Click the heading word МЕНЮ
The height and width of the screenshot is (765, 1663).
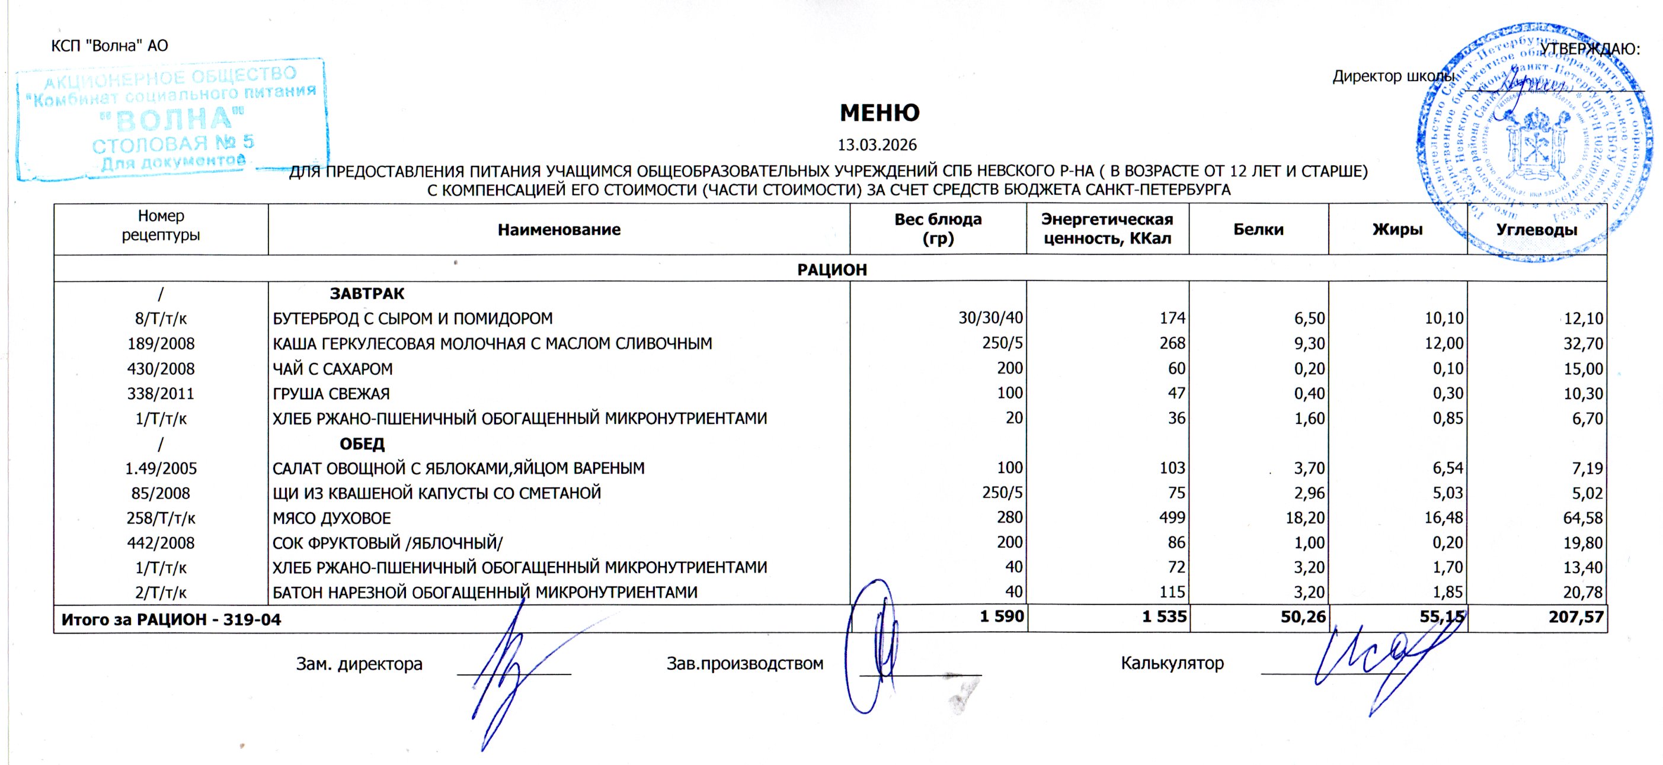[x=880, y=113]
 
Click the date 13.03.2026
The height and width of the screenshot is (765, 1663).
[x=877, y=144]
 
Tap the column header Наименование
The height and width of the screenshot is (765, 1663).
[x=558, y=230]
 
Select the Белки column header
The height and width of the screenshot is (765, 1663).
[x=1258, y=230]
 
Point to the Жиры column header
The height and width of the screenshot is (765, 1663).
[x=1397, y=230]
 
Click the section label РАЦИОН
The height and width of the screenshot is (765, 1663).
[x=831, y=269]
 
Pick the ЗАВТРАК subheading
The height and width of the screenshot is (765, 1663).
[x=367, y=294]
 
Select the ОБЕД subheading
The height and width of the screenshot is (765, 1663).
[x=362, y=443]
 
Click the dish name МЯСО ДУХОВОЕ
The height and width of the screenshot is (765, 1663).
[x=331, y=518]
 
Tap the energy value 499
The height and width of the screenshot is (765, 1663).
[x=1172, y=517]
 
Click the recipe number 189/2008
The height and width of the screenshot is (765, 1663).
[x=161, y=344]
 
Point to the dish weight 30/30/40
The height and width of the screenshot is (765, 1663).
[x=990, y=318]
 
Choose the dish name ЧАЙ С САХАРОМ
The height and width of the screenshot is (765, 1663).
[x=332, y=369]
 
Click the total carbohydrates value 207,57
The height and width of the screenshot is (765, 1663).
[x=1576, y=618]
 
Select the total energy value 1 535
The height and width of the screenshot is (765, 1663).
[x=1164, y=618]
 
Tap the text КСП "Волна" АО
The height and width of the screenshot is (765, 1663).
[x=109, y=46]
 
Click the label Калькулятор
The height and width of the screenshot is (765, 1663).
[x=1172, y=663]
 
